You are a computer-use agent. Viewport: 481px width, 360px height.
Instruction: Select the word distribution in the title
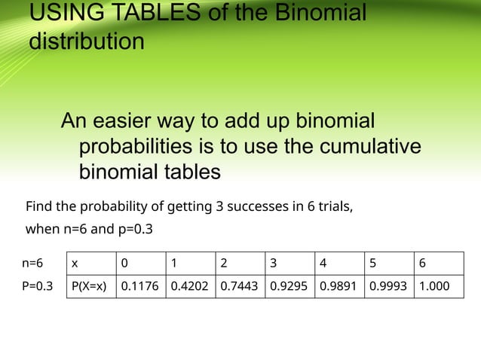click(86, 41)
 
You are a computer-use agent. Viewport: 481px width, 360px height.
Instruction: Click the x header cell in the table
click(75, 264)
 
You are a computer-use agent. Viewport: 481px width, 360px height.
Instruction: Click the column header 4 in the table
click(323, 264)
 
